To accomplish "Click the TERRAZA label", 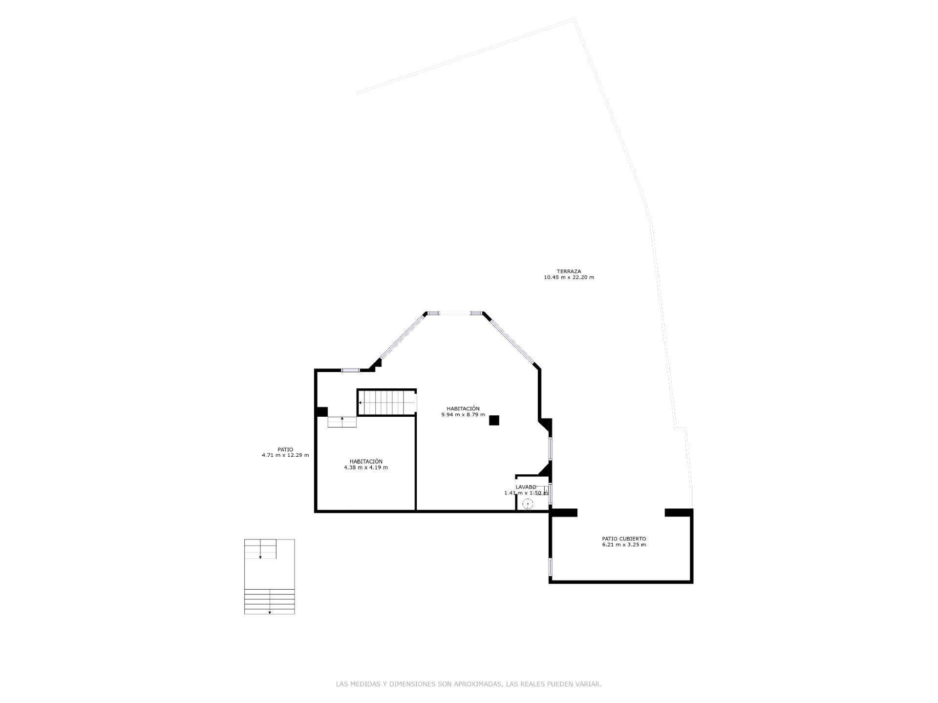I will tap(569, 271).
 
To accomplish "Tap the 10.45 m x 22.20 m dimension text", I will tap(569, 277).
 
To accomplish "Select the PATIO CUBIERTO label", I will tap(624, 539).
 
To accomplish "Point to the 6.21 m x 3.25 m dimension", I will tap(624, 545).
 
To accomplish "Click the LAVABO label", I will tap(526, 487).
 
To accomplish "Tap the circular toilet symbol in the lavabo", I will tap(528, 504).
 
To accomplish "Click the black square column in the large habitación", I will tap(494, 420).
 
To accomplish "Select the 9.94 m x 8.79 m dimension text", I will tap(463, 415).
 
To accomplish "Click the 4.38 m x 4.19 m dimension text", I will tap(366, 468).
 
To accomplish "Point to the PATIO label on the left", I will tap(285, 449).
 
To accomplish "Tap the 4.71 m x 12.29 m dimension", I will tap(285, 455).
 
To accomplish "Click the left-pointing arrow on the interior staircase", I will tap(361, 403).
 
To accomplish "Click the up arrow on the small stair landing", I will tap(342, 419).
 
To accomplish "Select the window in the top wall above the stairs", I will tap(350, 370).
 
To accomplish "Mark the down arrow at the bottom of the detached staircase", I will tap(270, 612).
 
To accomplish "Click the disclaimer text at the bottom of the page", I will tap(469, 684).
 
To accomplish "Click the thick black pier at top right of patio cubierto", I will tap(679, 512).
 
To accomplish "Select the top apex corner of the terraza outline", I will tap(575, 19).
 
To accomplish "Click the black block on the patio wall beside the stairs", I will tap(322, 412).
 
